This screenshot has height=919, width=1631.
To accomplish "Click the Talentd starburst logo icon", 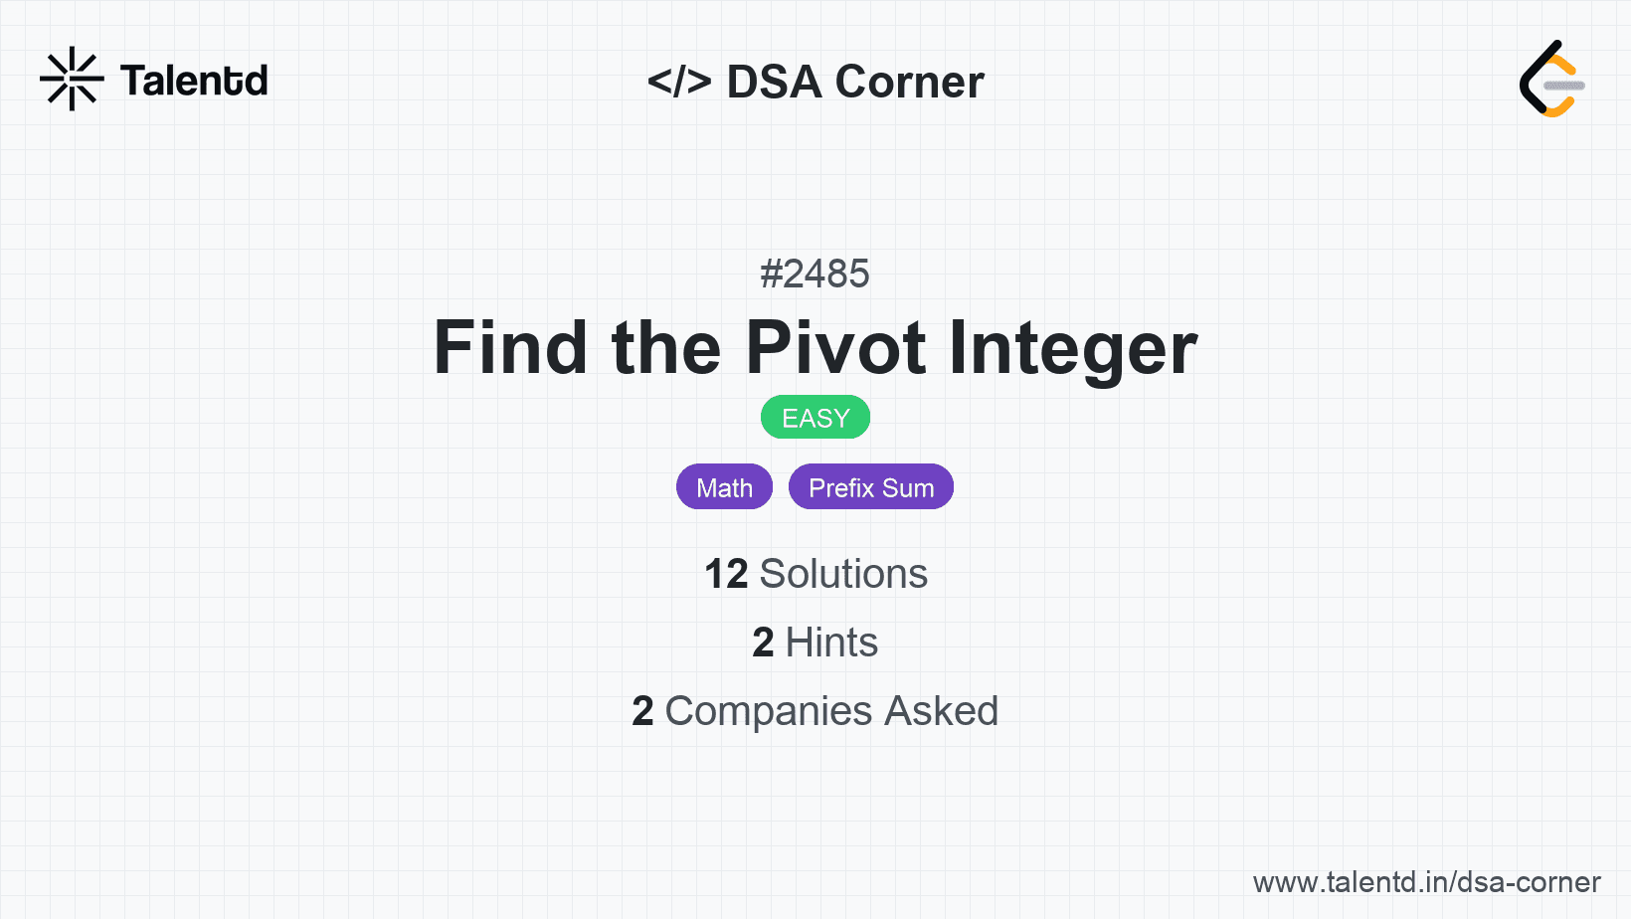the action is (x=72, y=79).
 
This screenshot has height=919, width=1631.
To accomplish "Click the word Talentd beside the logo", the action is (x=194, y=81).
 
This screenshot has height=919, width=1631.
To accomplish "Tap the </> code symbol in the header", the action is (x=678, y=82).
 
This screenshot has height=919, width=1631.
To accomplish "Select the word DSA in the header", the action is (x=774, y=82).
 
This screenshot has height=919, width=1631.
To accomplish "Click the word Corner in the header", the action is (x=909, y=82).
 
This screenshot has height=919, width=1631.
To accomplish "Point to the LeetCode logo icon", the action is (x=1552, y=79).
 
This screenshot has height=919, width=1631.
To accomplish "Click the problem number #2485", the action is (x=815, y=274).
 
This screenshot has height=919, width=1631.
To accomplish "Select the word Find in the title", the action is (x=510, y=348).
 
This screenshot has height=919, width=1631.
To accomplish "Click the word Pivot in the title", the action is (x=835, y=348).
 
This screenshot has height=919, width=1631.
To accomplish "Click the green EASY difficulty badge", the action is (x=815, y=418).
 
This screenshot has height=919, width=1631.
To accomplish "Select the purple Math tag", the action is (x=724, y=486).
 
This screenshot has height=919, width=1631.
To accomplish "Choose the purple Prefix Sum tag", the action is (x=871, y=486).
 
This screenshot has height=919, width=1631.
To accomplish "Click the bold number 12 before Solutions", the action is (x=726, y=574).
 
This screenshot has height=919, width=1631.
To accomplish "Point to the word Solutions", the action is (x=844, y=574).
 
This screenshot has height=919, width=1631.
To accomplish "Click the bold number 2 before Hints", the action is (x=763, y=643).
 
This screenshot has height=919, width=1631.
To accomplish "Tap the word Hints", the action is (x=831, y=643).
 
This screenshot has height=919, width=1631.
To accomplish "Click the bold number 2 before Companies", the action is (x=642, y=711).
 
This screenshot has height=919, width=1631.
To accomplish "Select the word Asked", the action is (x=941, y=711).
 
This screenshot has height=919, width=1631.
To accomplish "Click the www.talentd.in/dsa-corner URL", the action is (x=1426, y=882).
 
